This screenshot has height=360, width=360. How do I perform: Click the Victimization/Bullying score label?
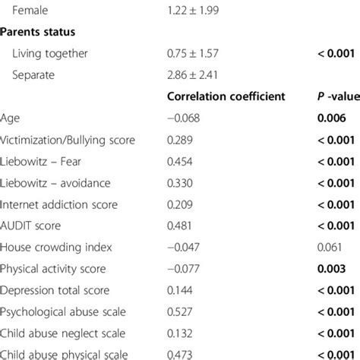(x=65, y=140)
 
